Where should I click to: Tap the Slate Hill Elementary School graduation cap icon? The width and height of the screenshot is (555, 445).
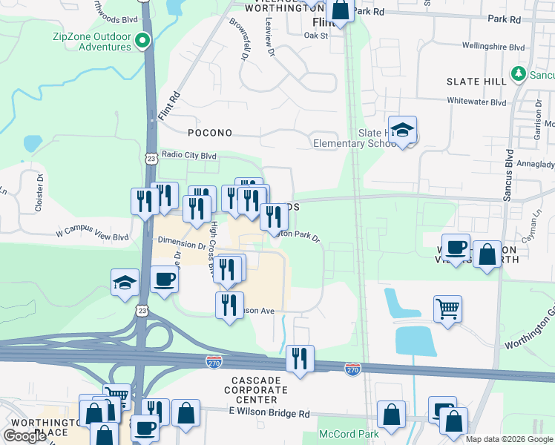click(402, 131)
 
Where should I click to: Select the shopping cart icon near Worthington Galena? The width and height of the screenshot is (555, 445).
click(447, 308)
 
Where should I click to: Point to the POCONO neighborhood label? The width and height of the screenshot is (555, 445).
click(210, 133)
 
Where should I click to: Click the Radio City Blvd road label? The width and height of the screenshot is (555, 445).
click(189, 156)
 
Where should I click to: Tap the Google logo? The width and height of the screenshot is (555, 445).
click(25, 436)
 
